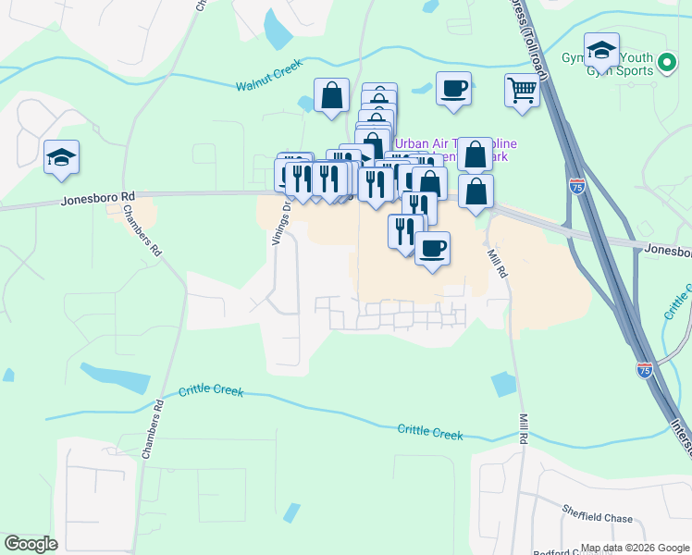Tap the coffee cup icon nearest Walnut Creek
coord(453,89)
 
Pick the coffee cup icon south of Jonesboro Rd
coord(432,249)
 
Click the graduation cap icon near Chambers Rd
coord(61,157)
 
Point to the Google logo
coord(31,544)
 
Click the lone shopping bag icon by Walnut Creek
coord(331,95)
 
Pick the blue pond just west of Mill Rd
coord(504,384)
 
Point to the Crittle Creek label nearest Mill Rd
coord(429,432)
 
